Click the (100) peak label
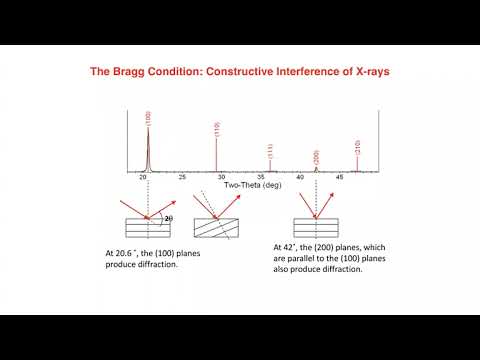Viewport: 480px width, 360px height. coord(148,118)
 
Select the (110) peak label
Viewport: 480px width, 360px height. coord(217,129)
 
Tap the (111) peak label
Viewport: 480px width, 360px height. coord(270,152)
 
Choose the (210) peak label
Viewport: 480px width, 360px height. coord(358,148)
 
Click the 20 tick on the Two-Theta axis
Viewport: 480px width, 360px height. coord(144,177)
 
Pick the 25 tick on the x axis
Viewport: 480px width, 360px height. coord(182,177)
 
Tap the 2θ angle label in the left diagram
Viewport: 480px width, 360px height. coord(167,217)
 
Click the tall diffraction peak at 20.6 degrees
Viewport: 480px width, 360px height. coord(148,150)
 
